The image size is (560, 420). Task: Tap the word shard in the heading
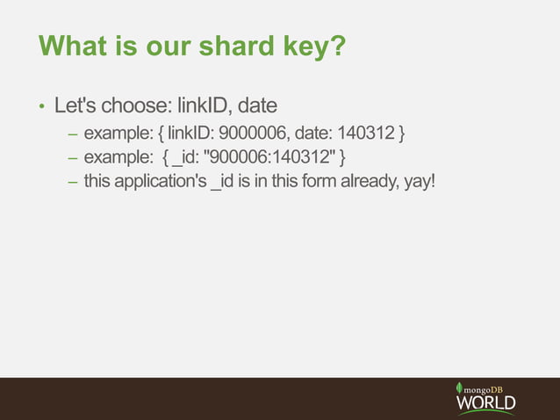pos(231,47)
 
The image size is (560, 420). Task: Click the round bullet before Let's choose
pos(40,107)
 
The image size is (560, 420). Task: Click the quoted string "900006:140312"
pos(267,158)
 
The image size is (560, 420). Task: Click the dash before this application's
pos(73,183)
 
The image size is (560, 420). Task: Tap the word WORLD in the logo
pos(485,402)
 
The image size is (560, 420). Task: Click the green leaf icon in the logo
pos(459,388)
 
